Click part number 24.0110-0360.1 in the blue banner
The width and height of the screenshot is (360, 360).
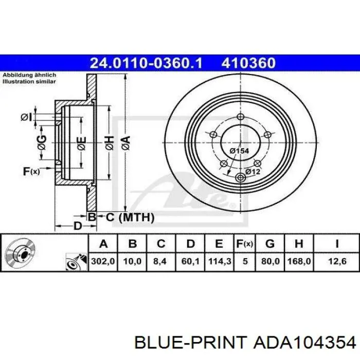pos(146,63)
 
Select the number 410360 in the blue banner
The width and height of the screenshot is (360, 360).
pos(248,63)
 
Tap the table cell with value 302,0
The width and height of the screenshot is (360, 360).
pos(103,261)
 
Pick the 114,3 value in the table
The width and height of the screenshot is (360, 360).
pos(219,261)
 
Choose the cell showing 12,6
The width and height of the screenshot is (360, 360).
pos(337,261)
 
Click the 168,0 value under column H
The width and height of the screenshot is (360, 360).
pos(299,261)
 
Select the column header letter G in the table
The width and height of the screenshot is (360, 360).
pos(270,243)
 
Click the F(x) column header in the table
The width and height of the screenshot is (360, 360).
pos(244,244)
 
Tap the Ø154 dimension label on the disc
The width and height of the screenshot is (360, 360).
pos(239,151)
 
